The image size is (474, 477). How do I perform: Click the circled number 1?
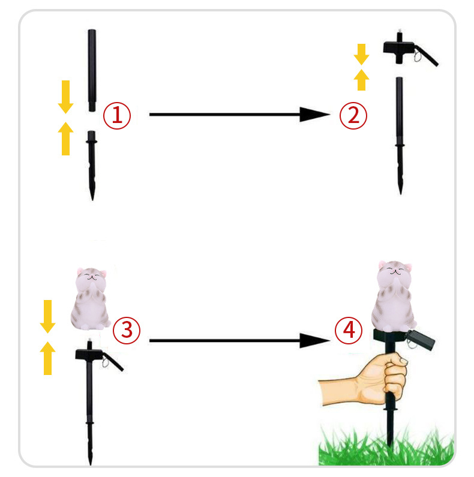117,116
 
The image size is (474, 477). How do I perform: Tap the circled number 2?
353,116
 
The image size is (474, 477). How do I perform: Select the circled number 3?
127,331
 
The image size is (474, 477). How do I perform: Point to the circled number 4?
349,331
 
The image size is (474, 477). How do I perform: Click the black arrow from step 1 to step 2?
240,115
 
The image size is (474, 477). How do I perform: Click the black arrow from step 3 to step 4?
240,340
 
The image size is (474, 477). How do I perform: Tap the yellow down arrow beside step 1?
66,97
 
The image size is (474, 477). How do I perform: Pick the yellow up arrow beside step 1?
66,139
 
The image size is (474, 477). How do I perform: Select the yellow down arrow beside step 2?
361,55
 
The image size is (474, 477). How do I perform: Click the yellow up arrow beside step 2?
361,80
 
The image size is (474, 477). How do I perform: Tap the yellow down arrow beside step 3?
48,317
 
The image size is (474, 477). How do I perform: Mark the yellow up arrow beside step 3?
48,358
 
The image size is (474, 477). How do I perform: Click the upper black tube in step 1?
92,70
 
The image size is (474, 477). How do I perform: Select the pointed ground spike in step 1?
92,166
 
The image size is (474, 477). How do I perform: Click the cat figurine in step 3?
91,299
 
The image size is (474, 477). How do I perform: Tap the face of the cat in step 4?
395,271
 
